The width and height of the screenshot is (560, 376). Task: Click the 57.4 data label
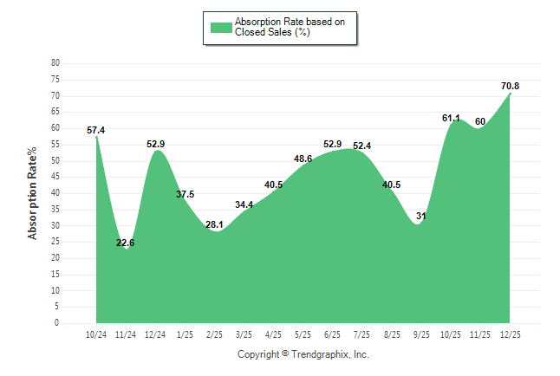click(x=96, y=131)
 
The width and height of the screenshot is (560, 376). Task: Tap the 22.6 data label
click(x=126, y=243)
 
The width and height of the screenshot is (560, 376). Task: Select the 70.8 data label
click(x=510, y=86)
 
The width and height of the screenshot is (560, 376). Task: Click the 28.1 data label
click(x=214, y=225)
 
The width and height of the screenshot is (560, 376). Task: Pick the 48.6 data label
click(x=303, y=159)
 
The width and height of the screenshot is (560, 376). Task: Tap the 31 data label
click(x=422, y=216)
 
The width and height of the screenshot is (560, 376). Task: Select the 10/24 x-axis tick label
click(x=96, y=334)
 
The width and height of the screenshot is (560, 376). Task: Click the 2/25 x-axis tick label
click(x=214, y=334)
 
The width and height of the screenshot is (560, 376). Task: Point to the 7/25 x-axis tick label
click(x=362, y=334)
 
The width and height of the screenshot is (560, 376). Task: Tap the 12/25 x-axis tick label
click(x=510, y=334)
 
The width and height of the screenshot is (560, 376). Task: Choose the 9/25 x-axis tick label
click(x=421, y=334)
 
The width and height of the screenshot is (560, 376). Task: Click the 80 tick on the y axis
click(x=55, y=63)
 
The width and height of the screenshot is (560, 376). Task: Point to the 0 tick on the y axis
click(x=57, y=323)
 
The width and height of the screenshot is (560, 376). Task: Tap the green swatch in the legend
click(x=221, y=27)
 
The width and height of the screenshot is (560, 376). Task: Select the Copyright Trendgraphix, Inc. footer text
click(x=303, y=354)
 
